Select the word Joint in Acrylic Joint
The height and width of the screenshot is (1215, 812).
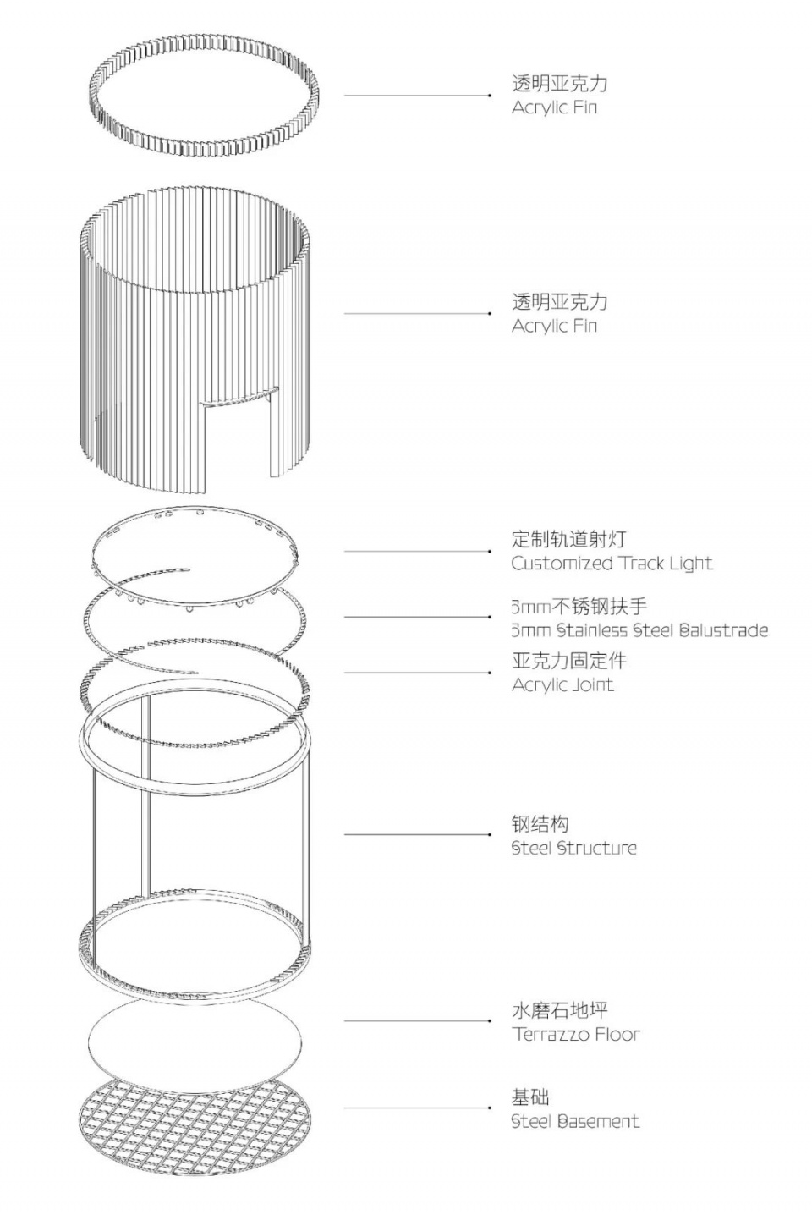589,684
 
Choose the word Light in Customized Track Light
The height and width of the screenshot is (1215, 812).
690,564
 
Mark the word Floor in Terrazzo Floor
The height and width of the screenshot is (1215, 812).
617,1034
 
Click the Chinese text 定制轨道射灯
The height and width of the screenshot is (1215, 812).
568,539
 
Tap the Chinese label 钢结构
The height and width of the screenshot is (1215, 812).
540,824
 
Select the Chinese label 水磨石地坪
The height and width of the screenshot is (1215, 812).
559,1010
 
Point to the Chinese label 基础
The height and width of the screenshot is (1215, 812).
530,1097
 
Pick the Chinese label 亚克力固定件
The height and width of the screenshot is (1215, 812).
568,661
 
